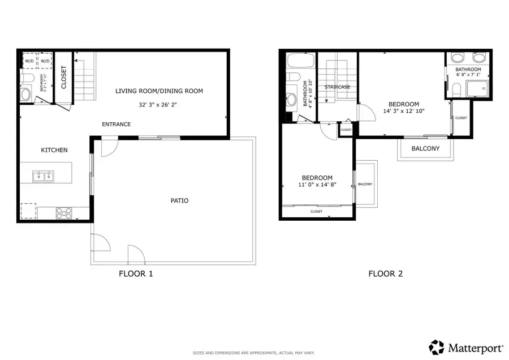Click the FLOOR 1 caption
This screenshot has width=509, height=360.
pyautogui.click(x=136, y=274)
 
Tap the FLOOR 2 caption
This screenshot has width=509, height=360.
pyautogui.click(x=386, y=274)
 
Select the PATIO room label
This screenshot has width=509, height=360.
pyautogui.click(x=180, y=201)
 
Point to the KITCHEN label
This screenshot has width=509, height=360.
pyautogui.click(x=54, y=150)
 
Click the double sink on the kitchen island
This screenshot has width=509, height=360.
pyautogui.click(x=44, y=177)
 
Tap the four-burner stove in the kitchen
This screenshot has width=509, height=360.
pyautogui.click(x=64, y=213)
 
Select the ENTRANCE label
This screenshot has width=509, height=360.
pyautogui.click(x=116, y=125)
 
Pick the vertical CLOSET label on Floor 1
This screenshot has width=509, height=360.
pyautogui.click(x=63, y=78)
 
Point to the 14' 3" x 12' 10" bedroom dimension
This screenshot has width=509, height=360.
pyautogui.click(x=403, y=112)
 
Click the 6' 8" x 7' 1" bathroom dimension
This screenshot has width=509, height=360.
pyautogui.click(x=468, y=74)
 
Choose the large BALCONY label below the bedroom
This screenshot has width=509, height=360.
pyautogui.click(x=426, y=149)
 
